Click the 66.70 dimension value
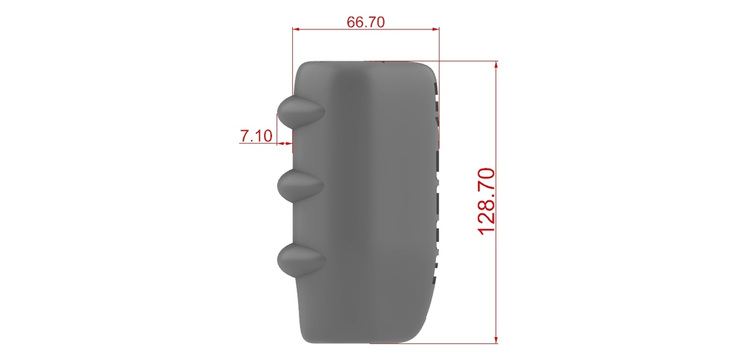point(366,22)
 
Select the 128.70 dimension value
point(486,201)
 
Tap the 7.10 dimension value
point(256,136)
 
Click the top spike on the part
point(301,112)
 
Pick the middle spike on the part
point(301,185)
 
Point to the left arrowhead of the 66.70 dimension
point(297,29)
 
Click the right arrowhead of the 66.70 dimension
point(435,29)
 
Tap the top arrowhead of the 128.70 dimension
point(497,66)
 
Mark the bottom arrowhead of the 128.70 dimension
point(497,339)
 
